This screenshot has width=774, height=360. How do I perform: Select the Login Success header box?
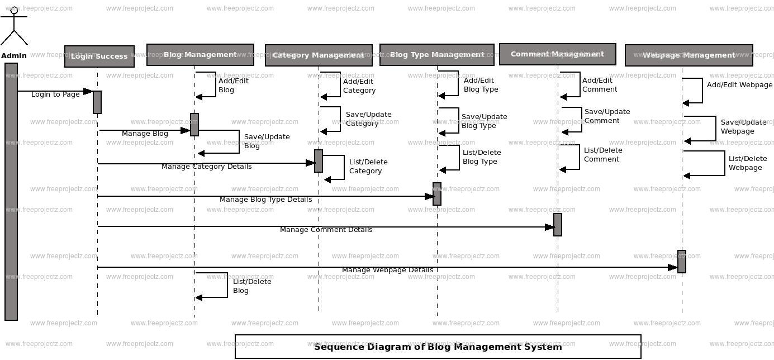(99, 56)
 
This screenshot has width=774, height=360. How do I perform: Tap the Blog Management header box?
(200, 55)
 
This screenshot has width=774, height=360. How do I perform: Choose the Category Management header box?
(319, 55)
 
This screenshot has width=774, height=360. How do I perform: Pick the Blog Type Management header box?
(436, 55)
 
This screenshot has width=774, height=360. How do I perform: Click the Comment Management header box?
(557, 54)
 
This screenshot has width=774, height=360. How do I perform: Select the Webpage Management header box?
(688, 55)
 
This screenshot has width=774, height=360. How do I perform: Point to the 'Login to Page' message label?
(55, 94)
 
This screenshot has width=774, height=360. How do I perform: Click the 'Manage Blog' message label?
(145, 134)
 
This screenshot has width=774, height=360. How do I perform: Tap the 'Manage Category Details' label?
(206, 167)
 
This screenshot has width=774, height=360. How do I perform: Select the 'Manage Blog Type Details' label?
(265, 200)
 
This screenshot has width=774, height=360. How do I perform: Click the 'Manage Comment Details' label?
(326, 230)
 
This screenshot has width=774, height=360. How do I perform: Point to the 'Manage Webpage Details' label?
(387, 270)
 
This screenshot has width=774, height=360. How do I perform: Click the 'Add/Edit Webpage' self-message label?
(739, 85)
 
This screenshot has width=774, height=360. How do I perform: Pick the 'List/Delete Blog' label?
(244, 286)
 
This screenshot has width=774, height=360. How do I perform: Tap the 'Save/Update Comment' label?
(607, 116)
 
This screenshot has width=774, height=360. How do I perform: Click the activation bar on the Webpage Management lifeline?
(681, 262)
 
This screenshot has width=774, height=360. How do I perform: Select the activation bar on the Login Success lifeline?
(97, 102)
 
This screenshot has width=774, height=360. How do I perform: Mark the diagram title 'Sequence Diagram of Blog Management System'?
(438, 347)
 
